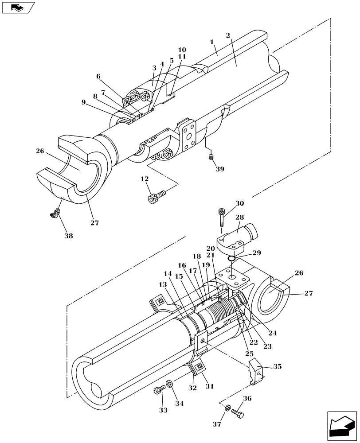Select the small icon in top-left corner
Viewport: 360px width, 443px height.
click(18, 8)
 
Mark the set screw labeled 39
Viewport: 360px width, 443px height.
click(211, 157)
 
